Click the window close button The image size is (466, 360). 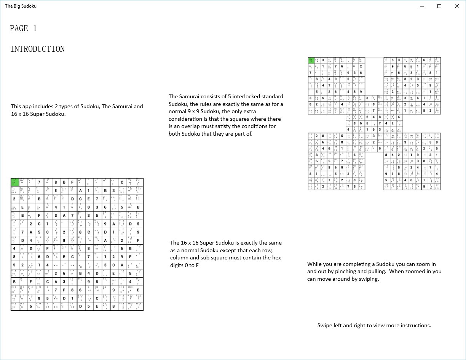[457, 6]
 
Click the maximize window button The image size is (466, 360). [439, 6]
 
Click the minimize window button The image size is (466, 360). [421, 6]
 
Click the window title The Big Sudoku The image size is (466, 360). [21, 6]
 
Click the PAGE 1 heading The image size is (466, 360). [24, 29]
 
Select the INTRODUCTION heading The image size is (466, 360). [37, 49]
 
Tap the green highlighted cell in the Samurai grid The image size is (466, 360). [311, 60]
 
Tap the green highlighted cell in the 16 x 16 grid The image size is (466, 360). [15, 182]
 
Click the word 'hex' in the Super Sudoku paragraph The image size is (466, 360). [276, 258]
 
